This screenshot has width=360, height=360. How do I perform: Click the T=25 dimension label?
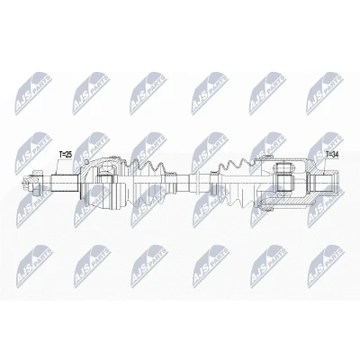[x=66, y=155]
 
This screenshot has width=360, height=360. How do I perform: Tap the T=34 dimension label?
[x=332, y=155]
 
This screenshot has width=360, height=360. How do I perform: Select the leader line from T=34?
[x=326, y=166]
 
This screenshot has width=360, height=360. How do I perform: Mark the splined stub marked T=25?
[x=65, y=184]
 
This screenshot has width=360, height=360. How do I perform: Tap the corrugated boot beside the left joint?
[x=147, y=184]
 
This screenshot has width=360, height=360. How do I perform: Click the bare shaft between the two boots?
[x=185, y=183]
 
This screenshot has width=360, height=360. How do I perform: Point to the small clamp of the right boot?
[x=214, y=183]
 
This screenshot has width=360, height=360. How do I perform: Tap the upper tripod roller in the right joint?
[x=283, y=168]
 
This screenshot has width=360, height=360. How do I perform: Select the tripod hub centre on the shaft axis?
[x=284, y=183]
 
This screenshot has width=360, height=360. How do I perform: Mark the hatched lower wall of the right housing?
[x=288, y=204]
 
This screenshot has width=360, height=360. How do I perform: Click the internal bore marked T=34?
[x=320, y=183]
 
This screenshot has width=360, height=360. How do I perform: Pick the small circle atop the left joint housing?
[x=85, y=162]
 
